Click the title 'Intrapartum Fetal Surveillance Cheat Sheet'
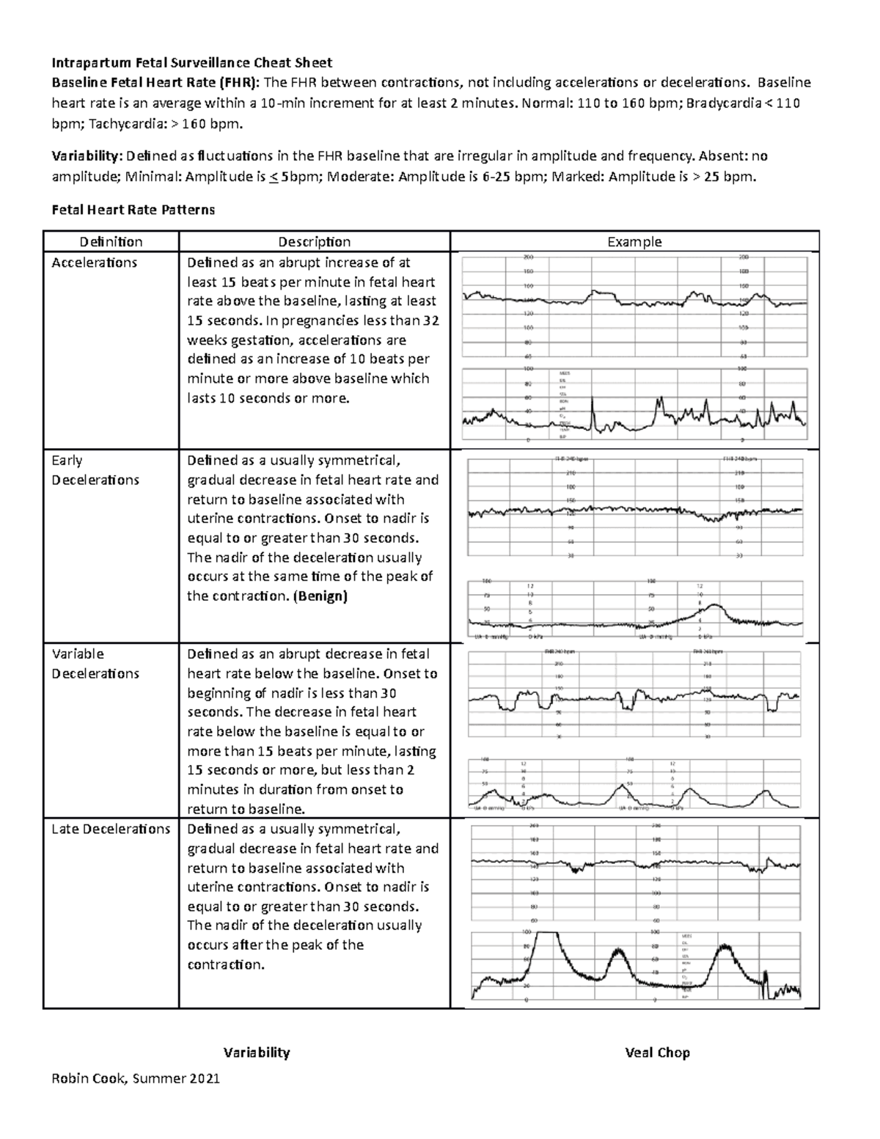click(191, 62)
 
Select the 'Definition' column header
click(111, 241)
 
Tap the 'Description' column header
click(314, 241)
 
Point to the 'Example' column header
click(634, 241)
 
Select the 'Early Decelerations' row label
click(95, 470)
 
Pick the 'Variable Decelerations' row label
click(95, 664)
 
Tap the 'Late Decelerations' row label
click(111, 829)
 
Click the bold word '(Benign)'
click(319, 596)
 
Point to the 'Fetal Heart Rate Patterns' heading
click(133, 210)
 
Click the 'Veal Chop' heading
click(657, 1052)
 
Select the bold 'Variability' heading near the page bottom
click(257, 1052)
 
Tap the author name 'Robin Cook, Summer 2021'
click(135, 1078)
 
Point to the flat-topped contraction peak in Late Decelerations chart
click(546, 934)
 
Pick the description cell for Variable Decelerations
click(314, 731)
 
